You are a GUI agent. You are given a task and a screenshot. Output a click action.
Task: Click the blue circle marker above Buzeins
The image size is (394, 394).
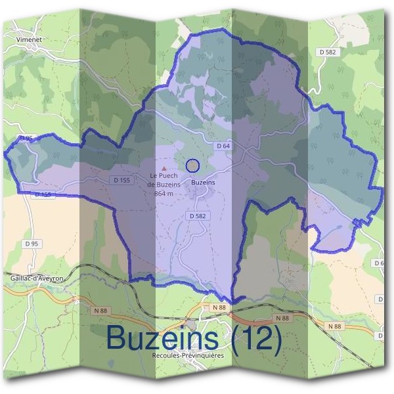192,165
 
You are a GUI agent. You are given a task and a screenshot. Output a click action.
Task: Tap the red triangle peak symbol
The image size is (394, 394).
164,169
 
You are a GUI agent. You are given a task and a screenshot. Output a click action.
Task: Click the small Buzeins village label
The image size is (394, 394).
203,183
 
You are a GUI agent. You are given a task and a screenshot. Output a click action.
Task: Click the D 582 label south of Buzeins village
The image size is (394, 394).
198,215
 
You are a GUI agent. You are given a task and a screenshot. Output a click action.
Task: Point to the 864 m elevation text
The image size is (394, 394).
164,194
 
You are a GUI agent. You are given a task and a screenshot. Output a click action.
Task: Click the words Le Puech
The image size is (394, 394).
164,175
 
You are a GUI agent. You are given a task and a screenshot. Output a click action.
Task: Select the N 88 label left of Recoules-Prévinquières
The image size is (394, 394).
219,307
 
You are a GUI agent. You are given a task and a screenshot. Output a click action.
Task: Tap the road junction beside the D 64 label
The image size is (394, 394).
244,152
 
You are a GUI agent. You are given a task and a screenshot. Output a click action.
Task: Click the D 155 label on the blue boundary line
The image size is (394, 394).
41,194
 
